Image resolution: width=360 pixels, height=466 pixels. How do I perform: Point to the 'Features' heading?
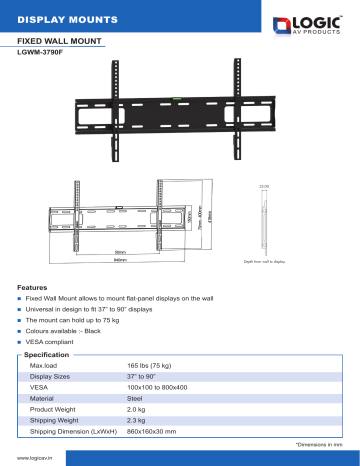34,288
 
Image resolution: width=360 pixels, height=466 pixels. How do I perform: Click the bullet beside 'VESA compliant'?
20,339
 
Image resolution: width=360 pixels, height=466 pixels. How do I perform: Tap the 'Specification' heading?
46,355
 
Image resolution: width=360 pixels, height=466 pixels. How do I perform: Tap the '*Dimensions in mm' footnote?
319,444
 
